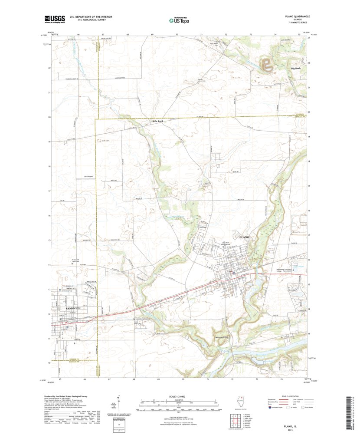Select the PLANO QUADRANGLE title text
pyautogui.click(x=294, y=16)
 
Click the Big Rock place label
pyautogui.click(x=296, y=69)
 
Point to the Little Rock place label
pyautogui.click(x=157, y=121)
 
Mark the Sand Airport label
pyautogui.click(x=88, y=177)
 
